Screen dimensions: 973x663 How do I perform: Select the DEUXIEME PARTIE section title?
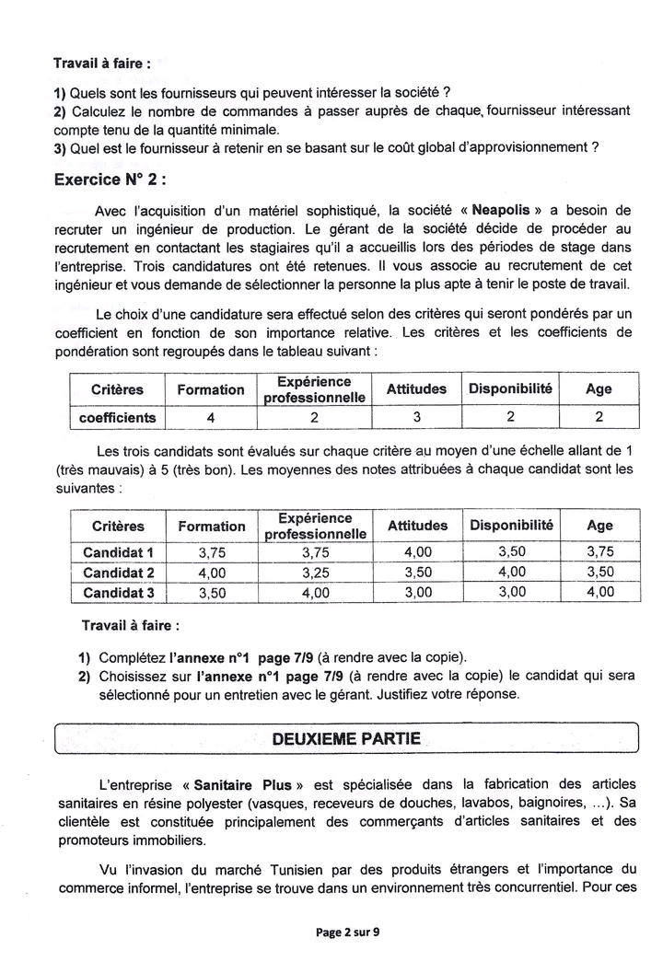(x=346, y=738)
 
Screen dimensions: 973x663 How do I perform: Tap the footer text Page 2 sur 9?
(x=347, y=932)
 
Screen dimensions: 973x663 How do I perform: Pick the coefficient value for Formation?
(x=211, y=417)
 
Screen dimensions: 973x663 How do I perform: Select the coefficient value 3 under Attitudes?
(x=416, y=417)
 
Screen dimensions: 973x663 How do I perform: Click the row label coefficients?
(x=118, y=417)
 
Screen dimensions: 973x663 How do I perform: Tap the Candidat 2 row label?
(x=118, y=573)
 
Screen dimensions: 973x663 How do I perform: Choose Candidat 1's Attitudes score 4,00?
(x=417, y=552)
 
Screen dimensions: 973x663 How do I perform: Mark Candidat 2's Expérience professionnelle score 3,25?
(x=315, y=573)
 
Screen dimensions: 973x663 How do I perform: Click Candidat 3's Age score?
(x=599, y=593)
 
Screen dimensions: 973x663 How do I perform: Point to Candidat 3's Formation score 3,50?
(x=211, y=593)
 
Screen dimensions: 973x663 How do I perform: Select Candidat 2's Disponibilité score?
(x=511, y=573)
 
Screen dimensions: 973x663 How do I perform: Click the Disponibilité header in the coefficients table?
(x=510, y=388)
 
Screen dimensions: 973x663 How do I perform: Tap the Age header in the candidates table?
(x=599, y=526)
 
